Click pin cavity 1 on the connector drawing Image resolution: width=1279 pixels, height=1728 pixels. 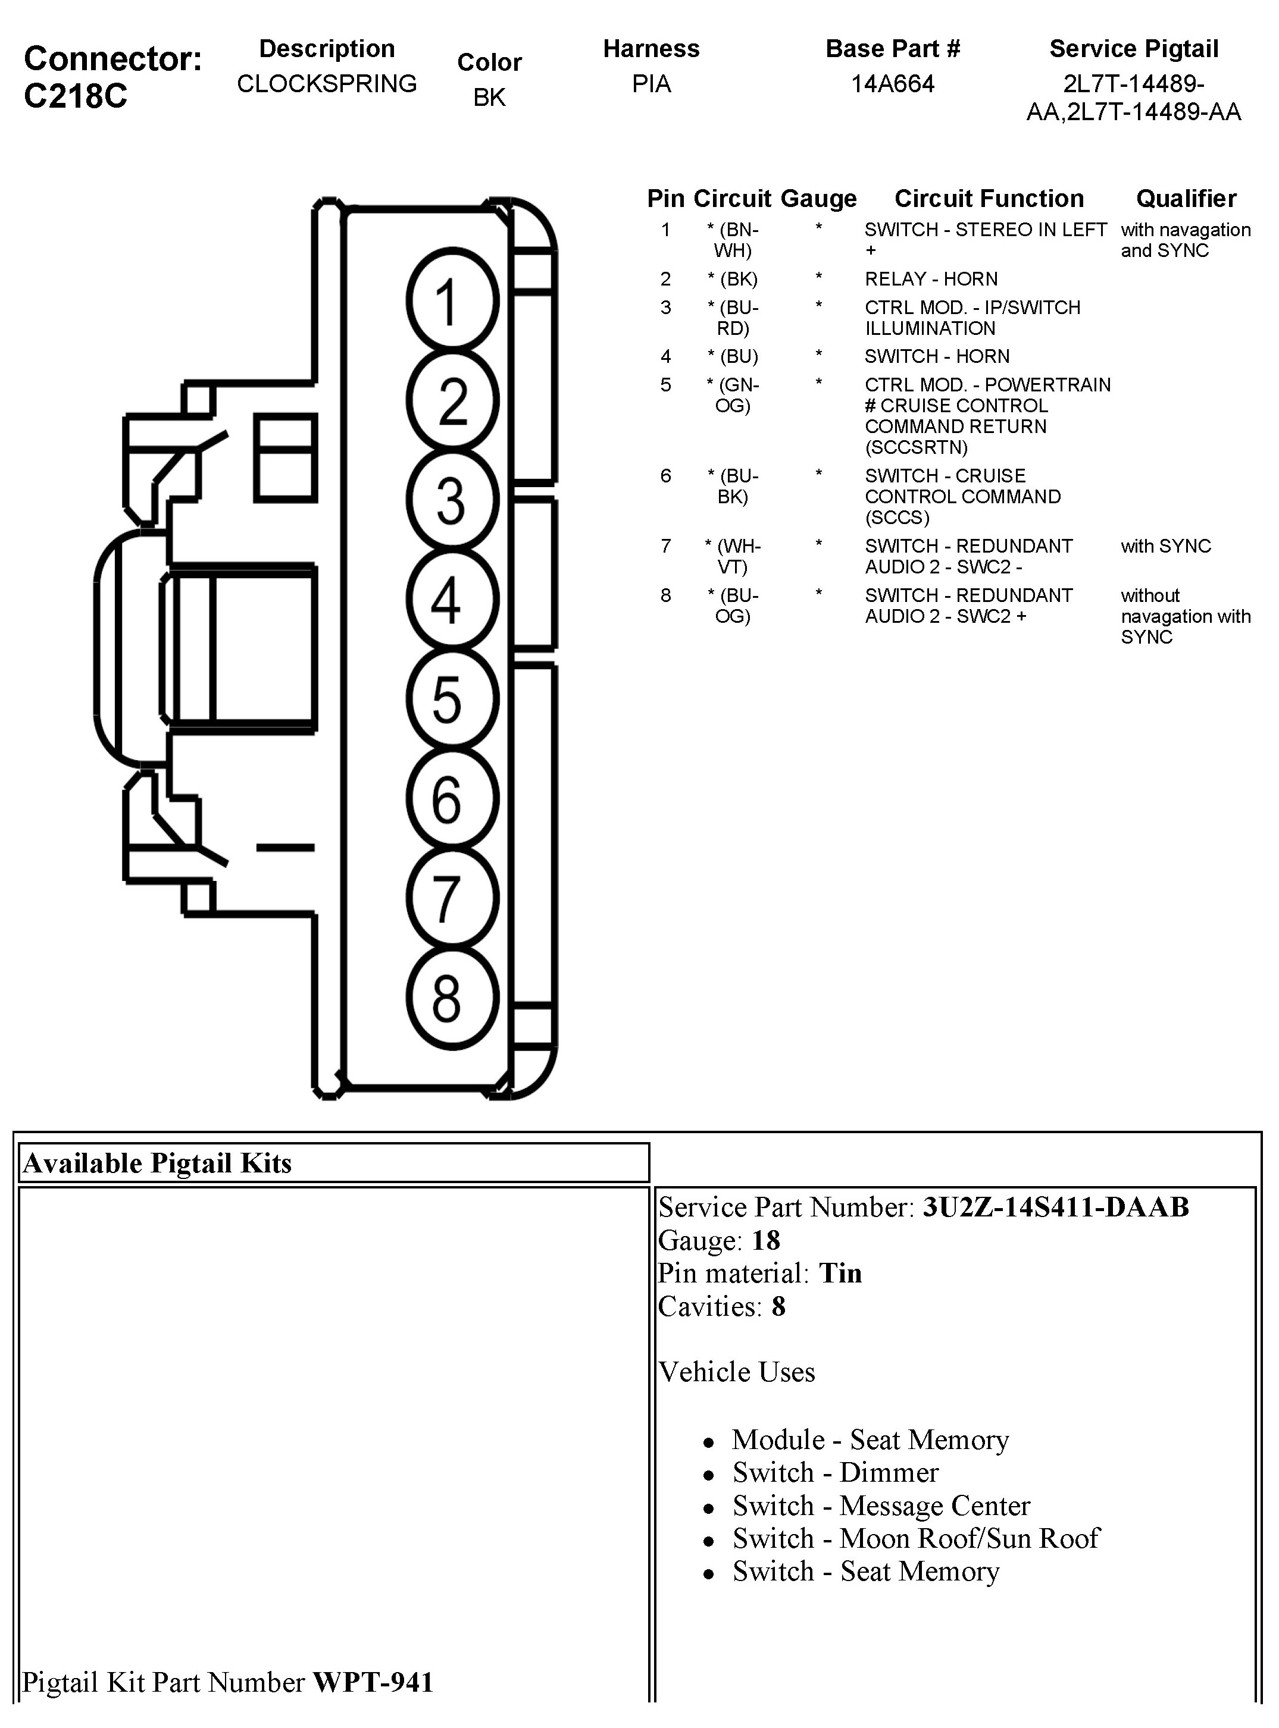(452, 301)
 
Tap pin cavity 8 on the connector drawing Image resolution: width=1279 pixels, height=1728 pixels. (452, 998)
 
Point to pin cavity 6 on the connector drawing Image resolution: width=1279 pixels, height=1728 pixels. (452, 799)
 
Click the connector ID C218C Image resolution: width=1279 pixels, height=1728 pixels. (76, 96)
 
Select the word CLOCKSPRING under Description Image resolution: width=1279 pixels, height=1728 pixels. (327, 84)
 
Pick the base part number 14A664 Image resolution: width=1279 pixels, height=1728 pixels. (893, 84)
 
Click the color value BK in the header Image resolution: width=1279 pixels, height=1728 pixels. (489, 98)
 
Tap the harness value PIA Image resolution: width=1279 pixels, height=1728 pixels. (651, 84)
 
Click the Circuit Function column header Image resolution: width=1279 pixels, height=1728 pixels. (989, 199)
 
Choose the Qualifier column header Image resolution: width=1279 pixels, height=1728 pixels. (1186, 199)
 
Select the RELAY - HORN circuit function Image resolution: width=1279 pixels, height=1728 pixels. (931, 278)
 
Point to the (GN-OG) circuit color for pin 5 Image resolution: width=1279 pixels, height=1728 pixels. (733, 394)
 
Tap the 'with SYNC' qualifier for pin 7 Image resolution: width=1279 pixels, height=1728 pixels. (1165, 546)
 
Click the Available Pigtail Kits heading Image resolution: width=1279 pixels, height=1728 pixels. (157, 1163)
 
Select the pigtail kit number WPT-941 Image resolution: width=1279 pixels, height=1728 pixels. (373, 1682)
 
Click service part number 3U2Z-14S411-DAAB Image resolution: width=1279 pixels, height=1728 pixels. (1055, 1207)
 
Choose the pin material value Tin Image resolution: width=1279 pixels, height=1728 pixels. (840, 1273)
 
